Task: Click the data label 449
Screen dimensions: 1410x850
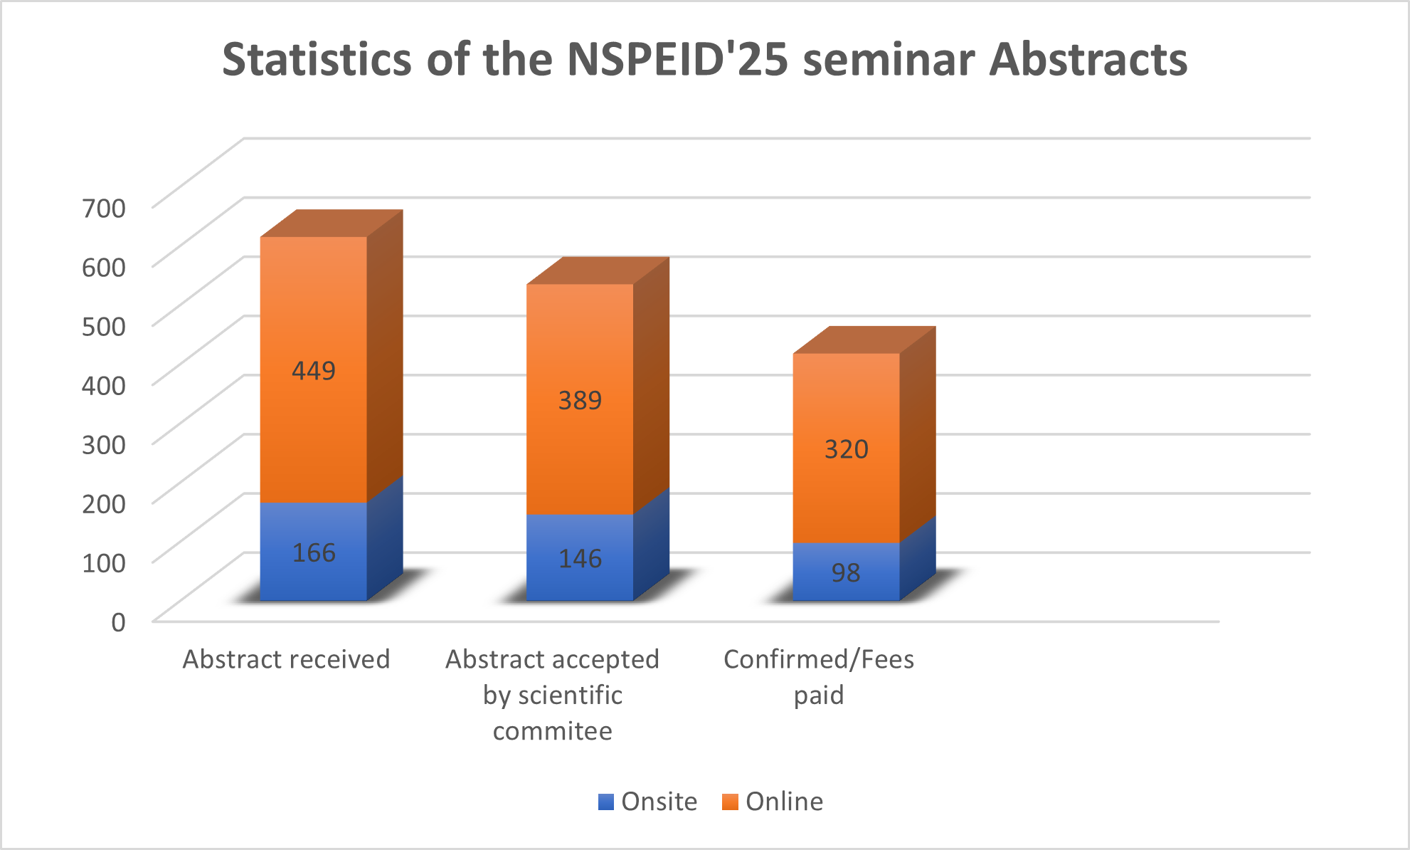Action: coord(314,371)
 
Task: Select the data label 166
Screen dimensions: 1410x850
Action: coord(314,552)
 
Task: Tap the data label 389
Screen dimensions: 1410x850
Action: coord(580,401)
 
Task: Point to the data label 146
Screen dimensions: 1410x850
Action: coord(580,559)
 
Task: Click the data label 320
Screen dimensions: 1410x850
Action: coord(846,449)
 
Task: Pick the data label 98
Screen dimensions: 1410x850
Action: coord(846,572)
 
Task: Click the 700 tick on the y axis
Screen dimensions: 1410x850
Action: coord(104,208)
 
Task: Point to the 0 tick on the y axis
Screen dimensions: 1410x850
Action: coord(118,622)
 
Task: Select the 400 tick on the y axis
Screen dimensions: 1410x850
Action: coord(104,385)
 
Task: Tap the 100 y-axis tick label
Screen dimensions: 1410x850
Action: coord(104,562)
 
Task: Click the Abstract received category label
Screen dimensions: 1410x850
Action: coord(286,659)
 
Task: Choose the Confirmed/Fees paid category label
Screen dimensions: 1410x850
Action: coord(819,677)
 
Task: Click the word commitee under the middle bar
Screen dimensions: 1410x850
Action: coord(553,731)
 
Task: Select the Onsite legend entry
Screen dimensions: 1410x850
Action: coord(647,802)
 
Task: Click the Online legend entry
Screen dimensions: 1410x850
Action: coord(773,802)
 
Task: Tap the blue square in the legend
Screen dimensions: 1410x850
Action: coord(606,802)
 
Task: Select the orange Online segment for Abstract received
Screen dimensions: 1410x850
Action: coord(314,369)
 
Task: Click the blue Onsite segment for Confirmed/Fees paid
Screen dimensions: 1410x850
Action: coord(846,572)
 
